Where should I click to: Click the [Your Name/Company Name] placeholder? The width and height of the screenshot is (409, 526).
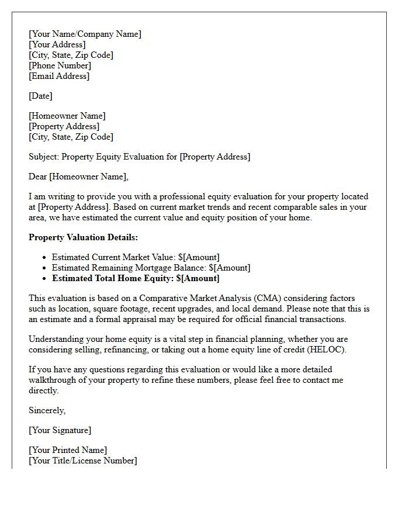[x=85, y=34]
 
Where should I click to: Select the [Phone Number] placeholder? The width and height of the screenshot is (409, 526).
[x=60, y=65]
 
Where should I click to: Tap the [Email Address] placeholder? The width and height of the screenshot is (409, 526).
[x=59, y=76]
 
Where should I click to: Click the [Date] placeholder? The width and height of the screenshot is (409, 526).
[x=40, y=96]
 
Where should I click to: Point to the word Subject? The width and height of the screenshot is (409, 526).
[x=44, y=157]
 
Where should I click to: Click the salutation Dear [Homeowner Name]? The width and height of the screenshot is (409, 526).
[x=78, y=177]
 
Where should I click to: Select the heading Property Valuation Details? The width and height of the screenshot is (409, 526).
[x=83, y=237]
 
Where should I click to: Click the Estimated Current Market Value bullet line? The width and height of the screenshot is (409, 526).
[x=136, y=257]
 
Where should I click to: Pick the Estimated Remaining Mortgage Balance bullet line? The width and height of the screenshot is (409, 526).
[x=151, y=268]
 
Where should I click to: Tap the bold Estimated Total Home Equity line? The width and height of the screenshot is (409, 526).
[x=136, y=278]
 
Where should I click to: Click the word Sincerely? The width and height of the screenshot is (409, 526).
[x=47, y=410]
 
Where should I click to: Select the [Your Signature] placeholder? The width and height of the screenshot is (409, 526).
[x=60, y=430]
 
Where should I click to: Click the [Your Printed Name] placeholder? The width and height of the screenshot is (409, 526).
[x=68, y=450]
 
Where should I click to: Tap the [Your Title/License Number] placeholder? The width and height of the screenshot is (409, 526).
[x=83, y=461]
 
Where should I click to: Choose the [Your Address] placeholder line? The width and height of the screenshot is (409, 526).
[x=57, y=44]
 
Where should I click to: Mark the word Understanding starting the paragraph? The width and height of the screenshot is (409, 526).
[x=55, y=339]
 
